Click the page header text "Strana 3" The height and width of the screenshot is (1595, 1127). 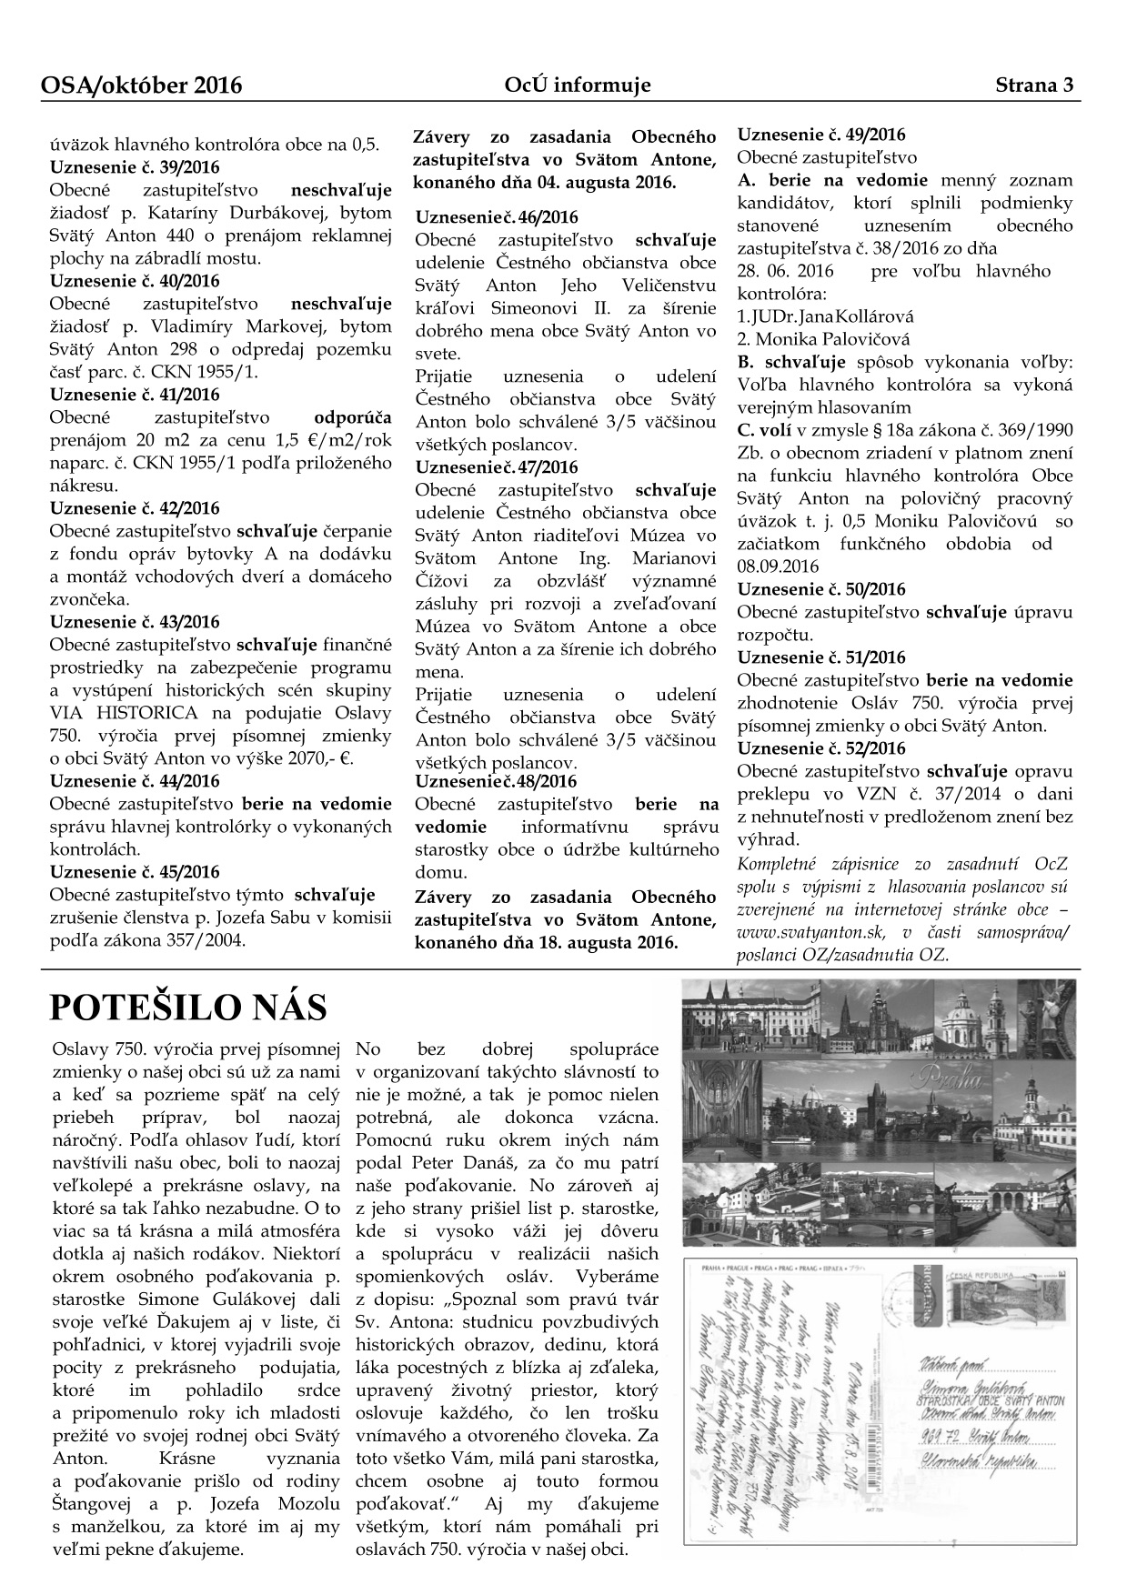1035,85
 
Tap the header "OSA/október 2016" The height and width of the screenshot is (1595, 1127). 142,85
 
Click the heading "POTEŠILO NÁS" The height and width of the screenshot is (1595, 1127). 187,1008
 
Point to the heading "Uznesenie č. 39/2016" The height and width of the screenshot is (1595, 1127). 135,167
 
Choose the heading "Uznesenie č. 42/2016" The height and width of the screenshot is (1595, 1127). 135,508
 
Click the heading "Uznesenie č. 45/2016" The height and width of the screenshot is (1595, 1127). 135,872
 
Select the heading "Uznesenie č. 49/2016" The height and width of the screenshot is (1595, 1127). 820,135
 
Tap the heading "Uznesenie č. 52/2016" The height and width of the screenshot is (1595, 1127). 820,748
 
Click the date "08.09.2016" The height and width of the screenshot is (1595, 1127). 778,567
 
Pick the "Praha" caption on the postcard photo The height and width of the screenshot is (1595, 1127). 950,1081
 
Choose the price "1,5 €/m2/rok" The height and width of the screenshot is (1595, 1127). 344,440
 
